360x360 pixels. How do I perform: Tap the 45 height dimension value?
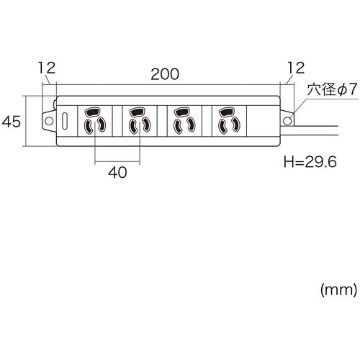[12, 121]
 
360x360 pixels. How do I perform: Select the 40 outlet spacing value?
[115, 172]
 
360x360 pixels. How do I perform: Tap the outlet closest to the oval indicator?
[94, 120]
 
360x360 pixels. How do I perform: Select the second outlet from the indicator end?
[138, 120]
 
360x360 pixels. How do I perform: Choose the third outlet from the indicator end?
[182, 120]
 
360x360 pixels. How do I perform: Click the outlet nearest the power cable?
[227, 120]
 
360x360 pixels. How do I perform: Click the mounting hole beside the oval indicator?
[50, 120]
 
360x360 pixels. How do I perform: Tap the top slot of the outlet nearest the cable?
[227, 112]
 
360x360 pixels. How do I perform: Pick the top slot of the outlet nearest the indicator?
[94, 112]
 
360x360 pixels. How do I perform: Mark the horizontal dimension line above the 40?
[115, 160]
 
